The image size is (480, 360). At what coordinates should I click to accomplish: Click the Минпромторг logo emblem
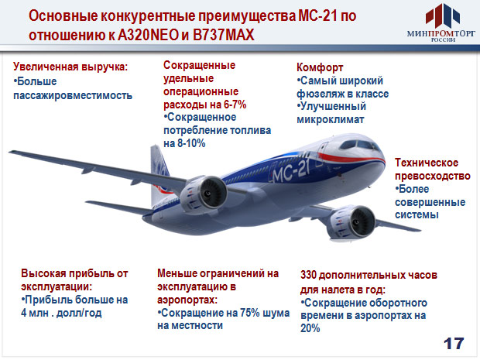(x=442, y=16)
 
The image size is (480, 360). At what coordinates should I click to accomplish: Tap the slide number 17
(x=454, y=344)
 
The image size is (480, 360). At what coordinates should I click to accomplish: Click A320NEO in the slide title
(x=148, y=35)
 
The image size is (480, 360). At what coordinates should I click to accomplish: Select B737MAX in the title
(x=224, y=35)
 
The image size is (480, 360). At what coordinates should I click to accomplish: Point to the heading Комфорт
(x=320, y=67)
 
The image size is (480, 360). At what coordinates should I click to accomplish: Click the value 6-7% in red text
(x=235, y=105)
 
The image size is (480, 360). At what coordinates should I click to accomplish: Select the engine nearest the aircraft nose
(x=352, y=223)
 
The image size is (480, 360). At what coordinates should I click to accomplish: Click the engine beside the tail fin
(x=203, y=194)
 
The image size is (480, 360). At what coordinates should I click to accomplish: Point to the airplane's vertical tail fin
(x=159, y=174)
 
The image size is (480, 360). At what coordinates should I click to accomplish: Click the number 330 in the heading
(x=308, y=275)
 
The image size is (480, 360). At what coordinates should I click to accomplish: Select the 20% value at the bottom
(x=310, y=328)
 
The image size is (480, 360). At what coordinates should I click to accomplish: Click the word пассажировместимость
(x=73, y=95)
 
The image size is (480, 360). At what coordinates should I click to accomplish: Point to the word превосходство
(x=433, y=176)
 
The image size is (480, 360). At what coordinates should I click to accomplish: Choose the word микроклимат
(x=331, y=119)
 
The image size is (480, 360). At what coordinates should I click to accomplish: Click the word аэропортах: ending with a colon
(x=187, y=300)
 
